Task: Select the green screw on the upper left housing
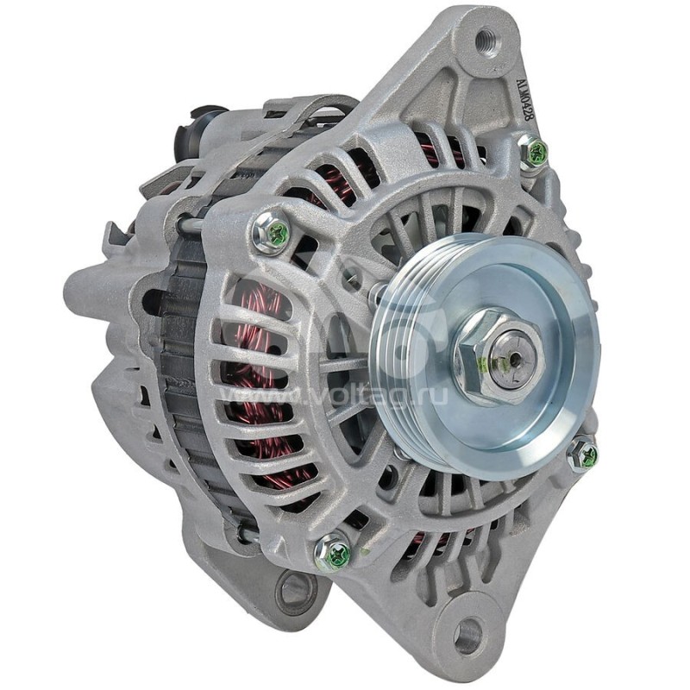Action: pos(272,232)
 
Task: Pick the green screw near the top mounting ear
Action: pos(536,154)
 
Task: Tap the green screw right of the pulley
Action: pos(586,455)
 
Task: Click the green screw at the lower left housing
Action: pos(335,553)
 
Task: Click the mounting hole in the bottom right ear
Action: pos(467,636)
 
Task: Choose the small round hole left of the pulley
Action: pos(351,278)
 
